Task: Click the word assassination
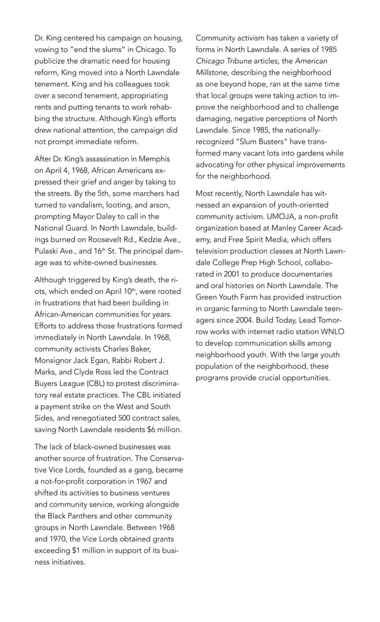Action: tap(104, 159)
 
